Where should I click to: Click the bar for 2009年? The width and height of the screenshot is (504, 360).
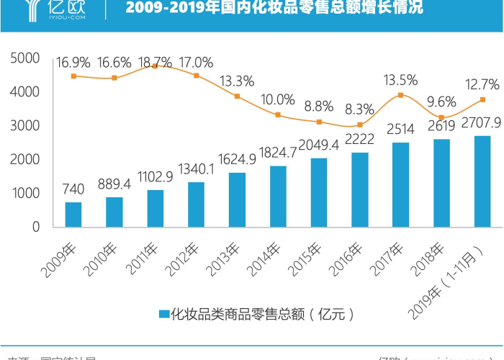tap(73, 215)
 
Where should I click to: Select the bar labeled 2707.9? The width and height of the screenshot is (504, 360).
tap(482, 181)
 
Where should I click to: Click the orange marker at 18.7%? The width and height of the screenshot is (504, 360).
tap(156, 66)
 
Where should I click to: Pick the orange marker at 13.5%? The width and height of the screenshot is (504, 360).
tap(401, 95)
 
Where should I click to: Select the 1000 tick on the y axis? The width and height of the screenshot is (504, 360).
tap(26, 193)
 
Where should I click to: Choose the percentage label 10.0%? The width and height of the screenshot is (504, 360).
tap(278, 99)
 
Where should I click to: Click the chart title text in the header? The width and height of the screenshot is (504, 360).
tap(274, 9)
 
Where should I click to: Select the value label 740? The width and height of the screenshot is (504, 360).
tap(73, 189)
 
